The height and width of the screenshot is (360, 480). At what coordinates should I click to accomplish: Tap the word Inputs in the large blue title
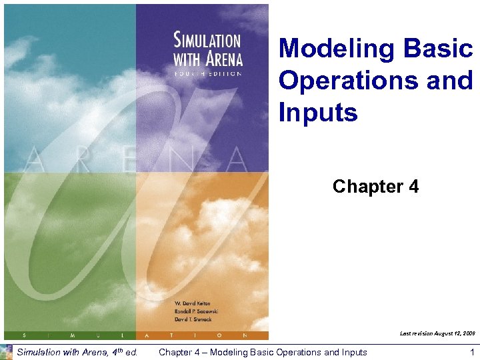(318, 112)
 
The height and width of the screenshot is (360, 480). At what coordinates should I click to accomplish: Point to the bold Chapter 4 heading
(375, 187)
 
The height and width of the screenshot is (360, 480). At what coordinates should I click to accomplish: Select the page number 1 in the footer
(471, 352)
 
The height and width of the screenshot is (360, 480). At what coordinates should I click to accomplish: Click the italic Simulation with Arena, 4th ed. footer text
(77, 352)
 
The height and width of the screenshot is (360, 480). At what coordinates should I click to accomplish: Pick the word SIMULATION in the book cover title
(207, 41)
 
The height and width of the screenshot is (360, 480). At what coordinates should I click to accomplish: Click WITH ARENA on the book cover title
(207, 59)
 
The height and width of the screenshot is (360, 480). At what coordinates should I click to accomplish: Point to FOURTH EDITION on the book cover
(207, 74)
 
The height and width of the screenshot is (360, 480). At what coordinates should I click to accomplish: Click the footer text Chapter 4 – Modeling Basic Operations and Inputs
(262, 352)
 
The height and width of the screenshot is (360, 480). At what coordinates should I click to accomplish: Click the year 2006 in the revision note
(468, 332)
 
